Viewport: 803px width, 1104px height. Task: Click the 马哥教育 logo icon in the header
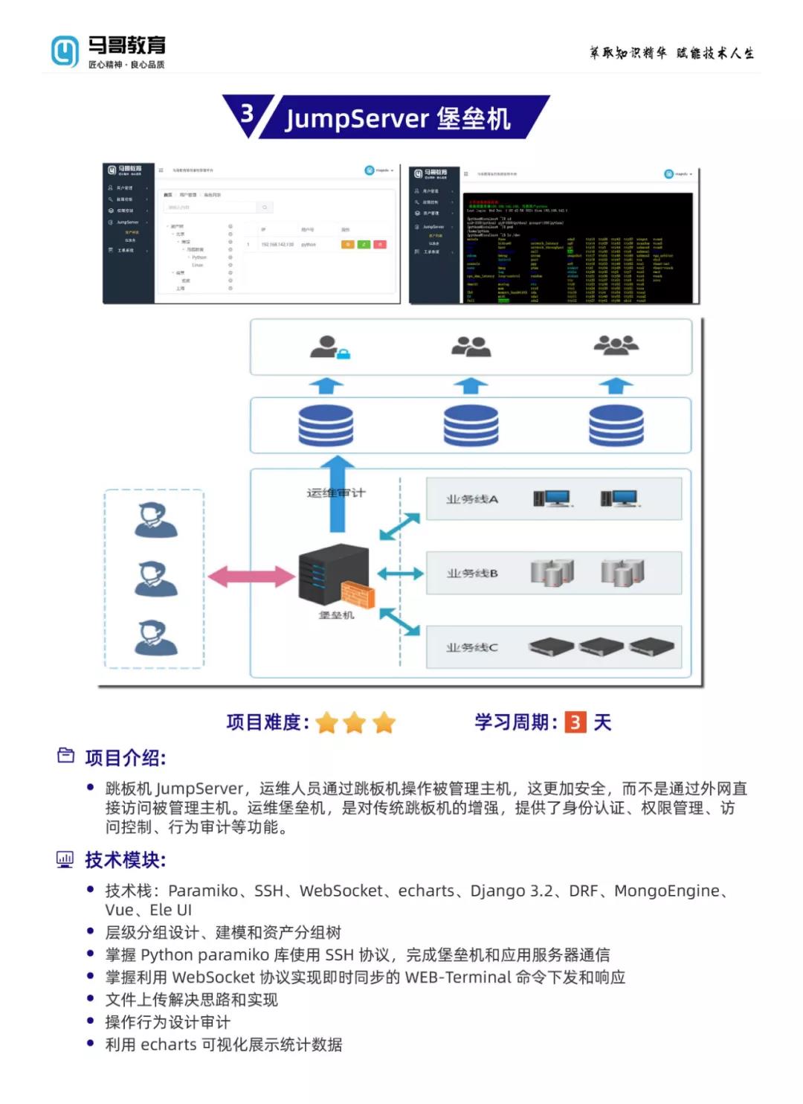click(65, 51)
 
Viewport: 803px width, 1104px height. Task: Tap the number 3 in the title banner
click(247, 113)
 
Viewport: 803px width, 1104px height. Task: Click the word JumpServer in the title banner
click(357, 119)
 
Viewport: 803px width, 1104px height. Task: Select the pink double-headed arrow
click(251, 576)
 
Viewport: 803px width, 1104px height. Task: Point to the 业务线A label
click(472, 499)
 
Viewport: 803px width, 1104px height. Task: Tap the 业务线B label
click(472, 574)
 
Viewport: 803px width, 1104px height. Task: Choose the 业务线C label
click(472, 647)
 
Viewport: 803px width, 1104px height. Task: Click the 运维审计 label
click(336, 492)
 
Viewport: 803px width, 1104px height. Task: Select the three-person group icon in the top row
click(616, 344)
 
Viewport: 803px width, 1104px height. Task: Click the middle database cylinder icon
click(471, 425)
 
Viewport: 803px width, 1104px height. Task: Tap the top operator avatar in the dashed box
click(155, 519)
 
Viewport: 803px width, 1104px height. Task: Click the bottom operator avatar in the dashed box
click(155, 637)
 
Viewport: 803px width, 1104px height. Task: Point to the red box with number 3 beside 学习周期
click(575, 722)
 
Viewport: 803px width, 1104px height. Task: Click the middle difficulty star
click(355, 722)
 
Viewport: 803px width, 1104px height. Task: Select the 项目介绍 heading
click(125, 758)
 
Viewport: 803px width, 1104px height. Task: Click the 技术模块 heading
click(125, 860)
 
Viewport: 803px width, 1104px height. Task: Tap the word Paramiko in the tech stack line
click(202, 890)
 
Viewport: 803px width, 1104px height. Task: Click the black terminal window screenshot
click(579, 248)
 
